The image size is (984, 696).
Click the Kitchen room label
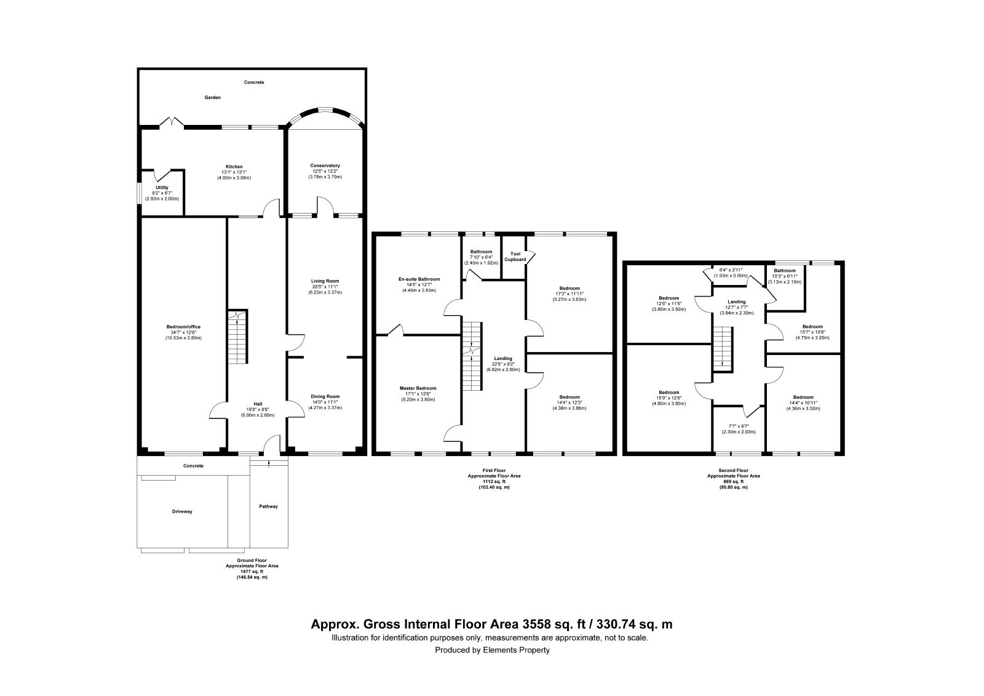(x=234, y=167)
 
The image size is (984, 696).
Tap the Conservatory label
(x=325, y=166)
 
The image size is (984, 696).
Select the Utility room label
(x=162, y=188)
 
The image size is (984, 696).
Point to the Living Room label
(x=325, y=281)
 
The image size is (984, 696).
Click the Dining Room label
(x=325, y=396)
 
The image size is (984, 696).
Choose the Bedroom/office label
(x=184, y=327)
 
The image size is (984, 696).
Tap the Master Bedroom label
(x=418, y=388)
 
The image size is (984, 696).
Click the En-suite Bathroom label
(x=419, y=279)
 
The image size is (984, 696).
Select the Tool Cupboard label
(x=515, y=257)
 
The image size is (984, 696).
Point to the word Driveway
(x=182, y=512)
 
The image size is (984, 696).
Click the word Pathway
(x=268, y=506)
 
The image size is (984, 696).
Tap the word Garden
(x=213, y=98)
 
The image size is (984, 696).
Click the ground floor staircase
(x=237, y=337)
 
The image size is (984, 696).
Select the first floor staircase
(x=472, y=356)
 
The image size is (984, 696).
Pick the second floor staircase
(x=723, y=349)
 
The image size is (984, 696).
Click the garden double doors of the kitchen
(x=172, y=122)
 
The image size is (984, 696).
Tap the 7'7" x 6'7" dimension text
(x=739, y=426)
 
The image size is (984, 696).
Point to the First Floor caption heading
(x=494, y=470)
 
